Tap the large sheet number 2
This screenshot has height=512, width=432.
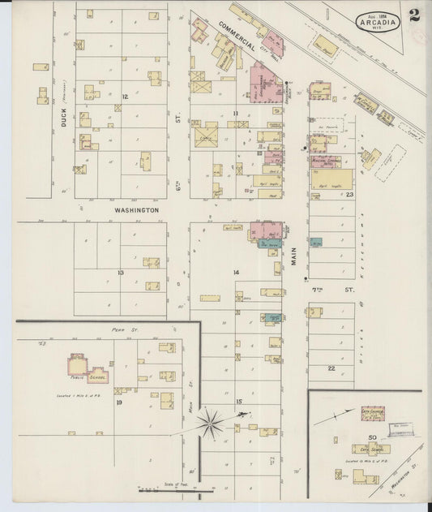pos(414,15)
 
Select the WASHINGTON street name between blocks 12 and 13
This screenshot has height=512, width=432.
pos(136,209)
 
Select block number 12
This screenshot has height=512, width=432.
pos(124,97)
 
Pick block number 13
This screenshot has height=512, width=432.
pos(120,273)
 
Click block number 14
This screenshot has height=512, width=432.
pos(237,272)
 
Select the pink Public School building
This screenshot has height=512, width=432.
pos(79,365)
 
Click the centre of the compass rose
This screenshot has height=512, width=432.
pos(212,419)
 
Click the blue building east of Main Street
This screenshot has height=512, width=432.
pos(315,242)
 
